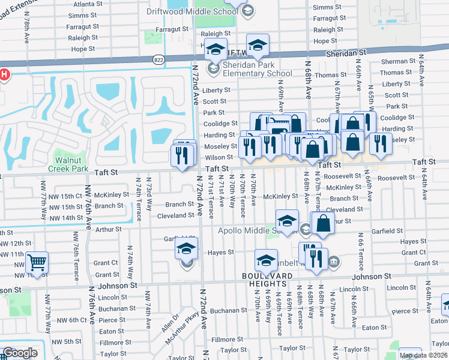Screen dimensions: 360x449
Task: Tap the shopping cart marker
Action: tap(37, 262)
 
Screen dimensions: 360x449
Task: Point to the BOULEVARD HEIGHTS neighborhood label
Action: tap(267, 280)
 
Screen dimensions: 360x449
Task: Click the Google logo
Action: tap(20, 352)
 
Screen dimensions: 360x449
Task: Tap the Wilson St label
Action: tap(218, 157)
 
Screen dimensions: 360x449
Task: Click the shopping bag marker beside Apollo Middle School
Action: tap(324, 223)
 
